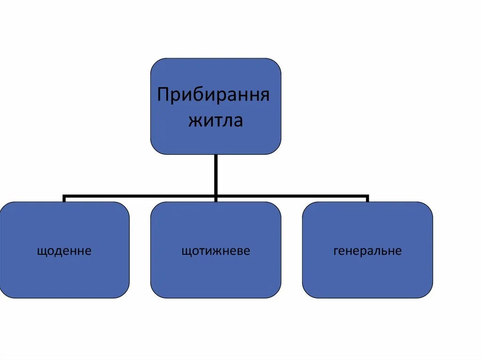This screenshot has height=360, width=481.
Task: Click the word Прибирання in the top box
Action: point(214,95)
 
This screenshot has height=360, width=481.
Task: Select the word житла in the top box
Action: point(216,121)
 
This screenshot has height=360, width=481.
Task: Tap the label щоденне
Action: point(64,251)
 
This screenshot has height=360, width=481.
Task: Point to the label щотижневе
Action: point(216,251)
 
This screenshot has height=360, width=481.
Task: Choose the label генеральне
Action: point(367,251)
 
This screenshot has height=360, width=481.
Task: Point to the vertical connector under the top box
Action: point(216,174)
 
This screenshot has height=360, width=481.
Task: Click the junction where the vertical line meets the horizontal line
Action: point(216,195)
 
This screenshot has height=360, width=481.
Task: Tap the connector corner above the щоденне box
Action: point(64,196)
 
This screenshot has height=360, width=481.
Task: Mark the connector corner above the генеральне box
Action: point(367,196)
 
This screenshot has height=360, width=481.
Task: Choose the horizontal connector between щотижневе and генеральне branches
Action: point(291,195)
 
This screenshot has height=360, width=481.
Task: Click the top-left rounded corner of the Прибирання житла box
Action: point(155,63)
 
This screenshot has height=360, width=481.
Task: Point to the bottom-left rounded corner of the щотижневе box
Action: point(155,293)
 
